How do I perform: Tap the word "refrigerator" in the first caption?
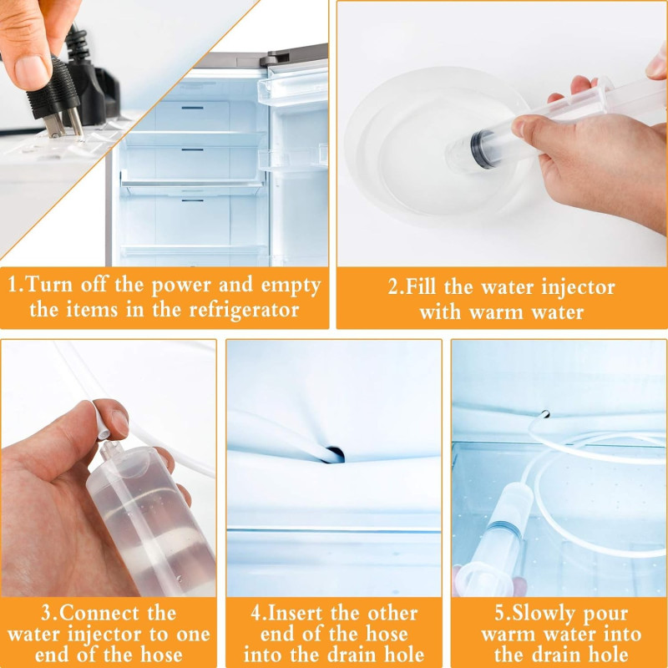tap(244, 310)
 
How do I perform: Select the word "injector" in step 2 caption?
tap(578, 287)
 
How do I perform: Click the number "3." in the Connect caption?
tap(49, 613)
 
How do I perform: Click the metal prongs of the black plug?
tap(64, 124)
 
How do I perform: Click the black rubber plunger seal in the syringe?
tap(479, 149)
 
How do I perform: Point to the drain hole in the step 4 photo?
tap(336, 454)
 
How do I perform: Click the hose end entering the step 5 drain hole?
tap(544, 414)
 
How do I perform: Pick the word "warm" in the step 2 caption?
tap(496, 313)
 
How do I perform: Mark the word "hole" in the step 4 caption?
tap(404, 655)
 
